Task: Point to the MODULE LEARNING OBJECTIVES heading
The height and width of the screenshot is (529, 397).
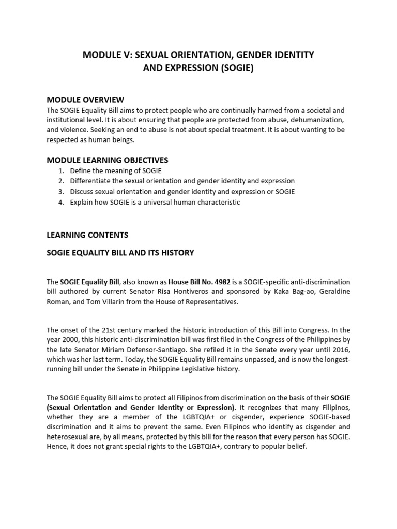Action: point(108,160)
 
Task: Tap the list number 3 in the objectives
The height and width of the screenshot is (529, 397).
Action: point(60,192)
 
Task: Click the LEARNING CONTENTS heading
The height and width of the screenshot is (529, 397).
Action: point(87,235)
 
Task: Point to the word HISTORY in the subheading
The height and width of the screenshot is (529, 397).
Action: point(177,253)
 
